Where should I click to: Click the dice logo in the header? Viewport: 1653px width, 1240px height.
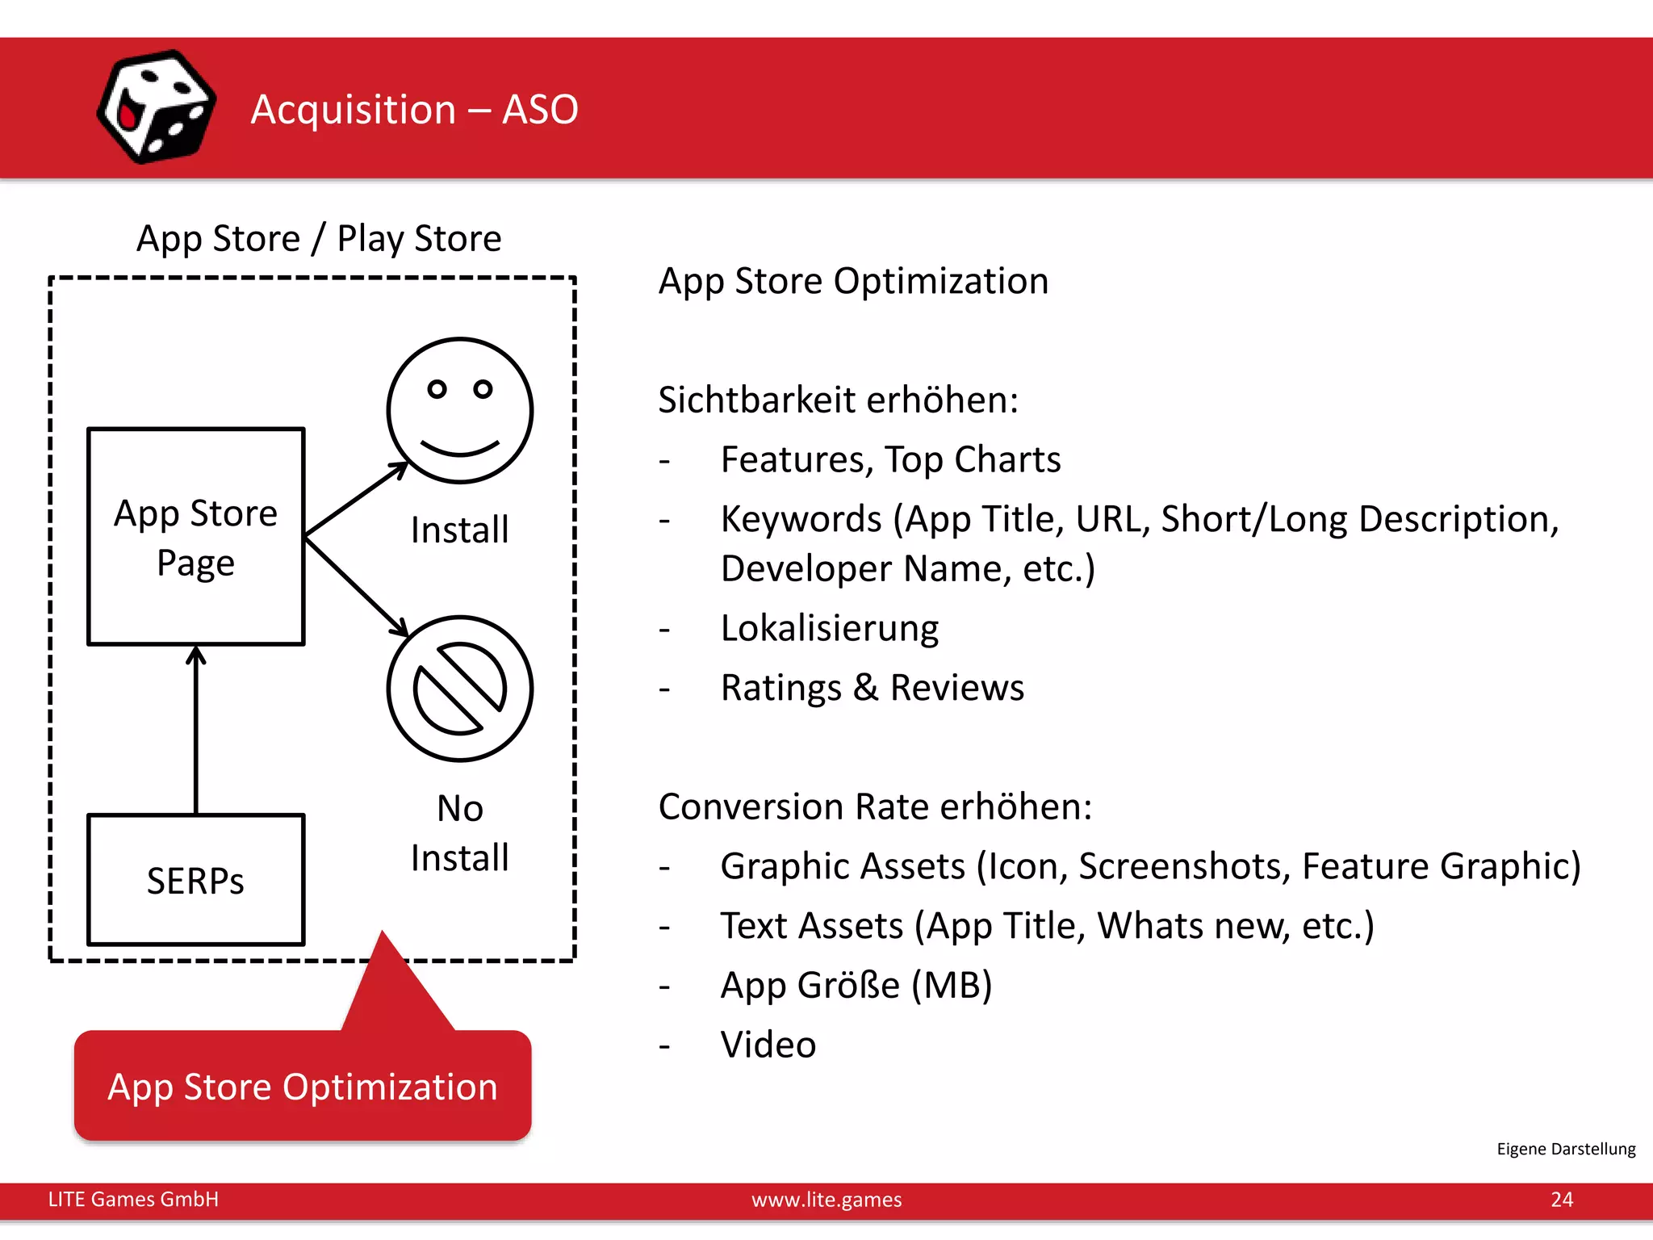156,107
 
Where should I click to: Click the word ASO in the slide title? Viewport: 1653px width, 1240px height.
540,109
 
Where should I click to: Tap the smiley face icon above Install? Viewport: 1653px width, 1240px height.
459,410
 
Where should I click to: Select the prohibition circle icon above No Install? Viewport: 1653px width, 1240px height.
459,688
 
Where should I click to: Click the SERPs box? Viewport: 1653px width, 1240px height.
195,879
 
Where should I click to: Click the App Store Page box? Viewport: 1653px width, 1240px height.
195,537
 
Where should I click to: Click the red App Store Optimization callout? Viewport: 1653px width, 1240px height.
303,1086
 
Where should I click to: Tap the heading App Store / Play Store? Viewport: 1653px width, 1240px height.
319,238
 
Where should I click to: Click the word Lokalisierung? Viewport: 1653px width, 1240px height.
829,628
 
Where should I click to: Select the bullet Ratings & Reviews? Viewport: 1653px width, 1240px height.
872,688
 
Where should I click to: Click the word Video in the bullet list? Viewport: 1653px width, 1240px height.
768,1044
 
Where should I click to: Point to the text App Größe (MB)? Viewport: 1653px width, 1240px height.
856,985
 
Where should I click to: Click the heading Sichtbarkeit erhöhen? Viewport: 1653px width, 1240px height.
838,400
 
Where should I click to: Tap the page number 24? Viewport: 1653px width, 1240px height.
1561,1199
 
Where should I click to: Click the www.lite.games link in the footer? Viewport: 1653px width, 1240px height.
826,1199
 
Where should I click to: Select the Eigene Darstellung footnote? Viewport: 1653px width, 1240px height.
1565,1148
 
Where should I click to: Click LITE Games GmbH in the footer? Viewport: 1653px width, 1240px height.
133,1199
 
